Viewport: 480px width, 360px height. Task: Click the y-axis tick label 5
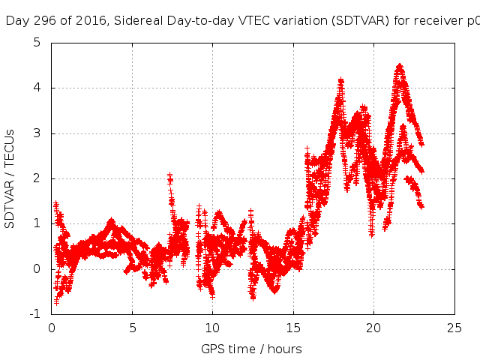coord(37,43)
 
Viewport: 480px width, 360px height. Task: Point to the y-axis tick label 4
coord(37,88)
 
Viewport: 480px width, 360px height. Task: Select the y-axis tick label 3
coord(37,133)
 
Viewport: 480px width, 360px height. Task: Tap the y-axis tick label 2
coord(37,178)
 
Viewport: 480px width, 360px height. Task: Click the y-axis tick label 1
coord(37,224)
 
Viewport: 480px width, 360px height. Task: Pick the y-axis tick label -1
coord(34,314)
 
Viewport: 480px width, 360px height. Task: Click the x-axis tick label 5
coord(132,328)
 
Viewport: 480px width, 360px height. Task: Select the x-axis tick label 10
coord(212,328)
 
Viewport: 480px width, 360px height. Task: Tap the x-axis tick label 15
coord(293,328)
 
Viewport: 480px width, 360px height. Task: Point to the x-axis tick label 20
coord(373,328)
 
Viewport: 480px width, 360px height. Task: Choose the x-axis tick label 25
coord(454,328)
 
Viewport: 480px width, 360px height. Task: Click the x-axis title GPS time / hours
coord(251,349)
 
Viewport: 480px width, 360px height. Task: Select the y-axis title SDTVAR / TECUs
coord(10,178)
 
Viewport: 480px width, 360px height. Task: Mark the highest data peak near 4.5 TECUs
coord(400,66)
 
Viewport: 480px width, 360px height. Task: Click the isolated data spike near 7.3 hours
coord(169,177)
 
